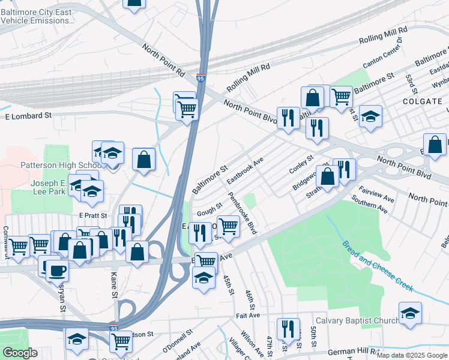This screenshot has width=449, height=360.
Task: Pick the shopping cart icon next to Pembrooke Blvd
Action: pyautogui.click(x=228, y=226)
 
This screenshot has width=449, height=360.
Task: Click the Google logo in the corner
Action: pyautogui.click(x=20, y=352)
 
